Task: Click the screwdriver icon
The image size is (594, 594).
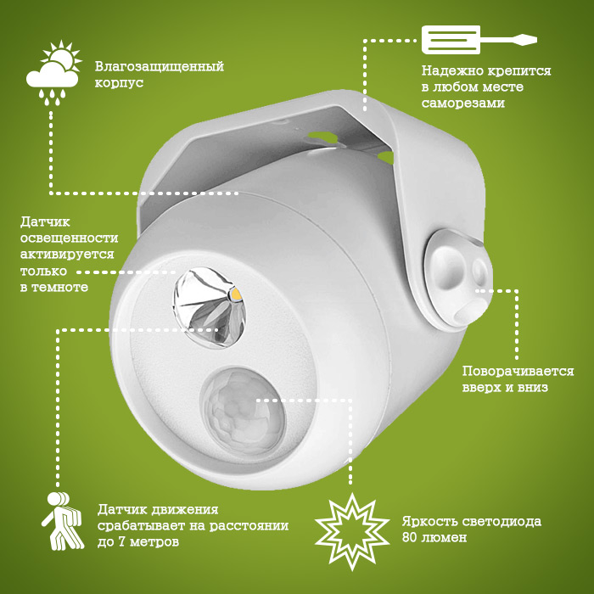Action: tap(479, 40)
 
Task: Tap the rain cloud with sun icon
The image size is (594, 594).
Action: tap(53, 73)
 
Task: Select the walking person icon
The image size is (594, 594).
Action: tap(62, 521)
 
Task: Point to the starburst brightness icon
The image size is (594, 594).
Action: tap(352, 531)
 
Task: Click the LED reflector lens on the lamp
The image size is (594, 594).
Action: tap(210, 307)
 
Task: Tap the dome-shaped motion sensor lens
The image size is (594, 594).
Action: tap(243, 411)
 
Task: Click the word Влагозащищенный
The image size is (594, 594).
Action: tap(160, 67)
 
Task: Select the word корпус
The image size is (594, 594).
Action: tap(119, 83)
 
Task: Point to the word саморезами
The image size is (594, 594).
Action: tap(463, 103)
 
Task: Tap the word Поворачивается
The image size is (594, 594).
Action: tap(518, 372)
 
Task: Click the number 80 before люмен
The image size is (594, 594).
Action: tap(409, 537)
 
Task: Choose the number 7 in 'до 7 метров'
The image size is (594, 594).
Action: tap(122, 541)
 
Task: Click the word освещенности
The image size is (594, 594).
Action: tap(69, 238)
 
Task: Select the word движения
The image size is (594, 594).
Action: tap(184, 509)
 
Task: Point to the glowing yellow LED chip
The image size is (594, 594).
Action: tap(237, 294)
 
